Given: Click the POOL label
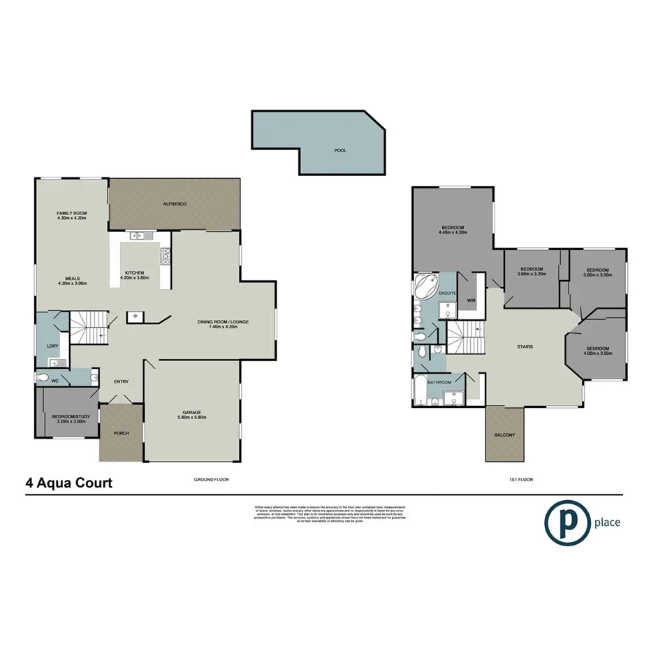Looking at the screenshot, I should click(340, 150).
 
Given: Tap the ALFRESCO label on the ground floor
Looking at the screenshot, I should click(174, 203).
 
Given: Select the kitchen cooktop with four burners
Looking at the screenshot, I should click(166, 256).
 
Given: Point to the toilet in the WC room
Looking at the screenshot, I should click(45, 378).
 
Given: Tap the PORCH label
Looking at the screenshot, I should click(120, 433).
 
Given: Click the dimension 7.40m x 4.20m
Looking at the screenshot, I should click(223, 326).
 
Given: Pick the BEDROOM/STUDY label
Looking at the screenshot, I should click(68, 417).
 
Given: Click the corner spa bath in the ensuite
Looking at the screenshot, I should click(425, 286).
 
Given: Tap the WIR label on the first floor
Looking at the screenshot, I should click(471, 300).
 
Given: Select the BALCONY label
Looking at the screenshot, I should click(504, 435).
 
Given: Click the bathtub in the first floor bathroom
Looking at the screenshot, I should click(420, 393).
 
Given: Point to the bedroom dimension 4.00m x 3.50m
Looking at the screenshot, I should click(597, 353).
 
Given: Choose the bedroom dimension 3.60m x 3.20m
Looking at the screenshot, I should click(532, 274).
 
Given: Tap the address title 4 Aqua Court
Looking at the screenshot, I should click(68, 483).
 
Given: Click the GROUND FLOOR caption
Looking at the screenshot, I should click(211, 480).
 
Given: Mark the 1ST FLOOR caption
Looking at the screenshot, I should click(518, 480).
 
